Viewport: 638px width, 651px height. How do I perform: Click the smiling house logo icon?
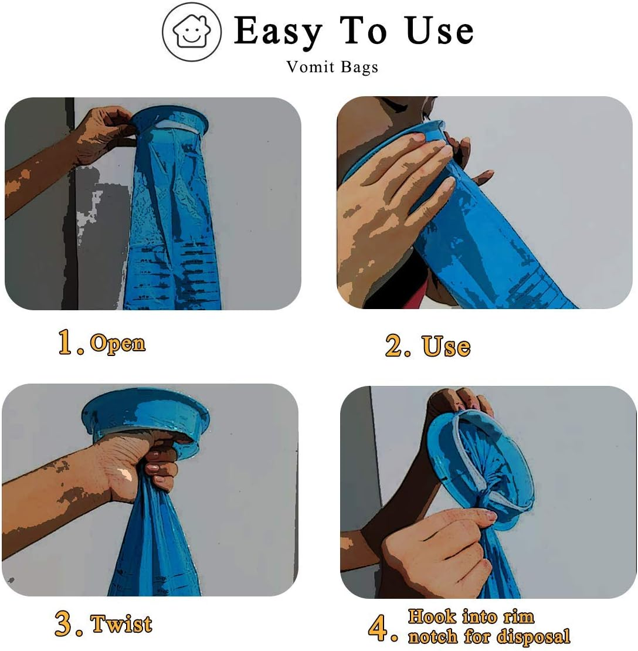192,33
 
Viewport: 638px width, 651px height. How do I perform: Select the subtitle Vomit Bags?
332,67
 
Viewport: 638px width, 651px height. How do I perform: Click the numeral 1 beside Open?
66,343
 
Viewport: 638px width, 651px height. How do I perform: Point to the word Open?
117,343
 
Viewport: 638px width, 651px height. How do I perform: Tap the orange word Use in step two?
446,346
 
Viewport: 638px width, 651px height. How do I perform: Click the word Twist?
121,623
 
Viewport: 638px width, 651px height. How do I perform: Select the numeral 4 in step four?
378,628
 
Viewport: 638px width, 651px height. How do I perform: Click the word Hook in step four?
431,616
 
